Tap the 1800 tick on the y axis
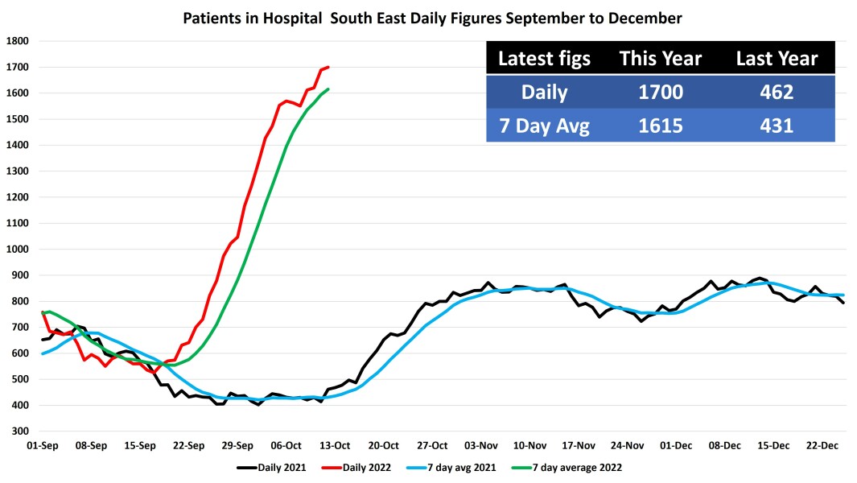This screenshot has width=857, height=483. pyautogui.click(x=17, y=41)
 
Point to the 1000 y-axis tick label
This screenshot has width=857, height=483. pyautogui.click(x=17, y=250)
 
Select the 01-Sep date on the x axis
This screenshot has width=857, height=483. pyautogui.click(x=43, y=445)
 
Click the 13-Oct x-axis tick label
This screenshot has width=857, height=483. pyautogui.click(x=336, y=445)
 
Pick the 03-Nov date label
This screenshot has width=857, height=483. pyautogui.click(x=482, y=445)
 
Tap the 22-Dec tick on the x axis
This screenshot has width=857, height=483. pyautogui.click(x=823, y=445)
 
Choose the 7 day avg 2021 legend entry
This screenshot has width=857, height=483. pyautogui.click(x=456, y=467)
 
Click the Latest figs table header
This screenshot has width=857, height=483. pyautogui.click(x=544, y=58)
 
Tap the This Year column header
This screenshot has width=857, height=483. pyautogui.click(x=660, y=58)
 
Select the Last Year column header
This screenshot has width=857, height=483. pyautogui.click(x=777, y=58)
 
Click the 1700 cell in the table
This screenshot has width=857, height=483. pyautogui.click(x=661, y=92)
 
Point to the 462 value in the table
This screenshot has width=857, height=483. pyautogui.click(x=777, y=92)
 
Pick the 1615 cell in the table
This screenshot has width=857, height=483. pyautogui.click(x=661, y=126)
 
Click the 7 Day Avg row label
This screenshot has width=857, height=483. pyautogui.click(x=545, y=126)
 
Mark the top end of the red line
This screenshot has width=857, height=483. pyautogui.click(x=329, y=67)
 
